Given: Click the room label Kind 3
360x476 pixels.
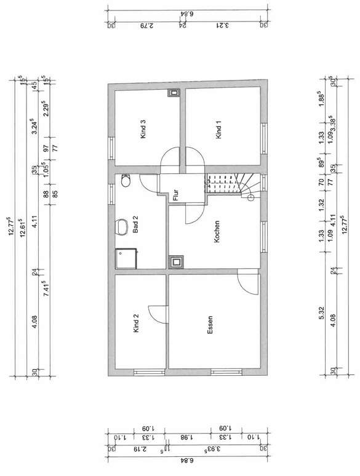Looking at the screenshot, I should (x=143, y=130).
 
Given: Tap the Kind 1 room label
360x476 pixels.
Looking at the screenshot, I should (x=218, y=130).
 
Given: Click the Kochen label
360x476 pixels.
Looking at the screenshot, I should (x=217, y=232).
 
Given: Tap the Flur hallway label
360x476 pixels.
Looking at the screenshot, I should (x=175, y=195).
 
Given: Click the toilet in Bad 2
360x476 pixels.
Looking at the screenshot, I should (x=126, y=181).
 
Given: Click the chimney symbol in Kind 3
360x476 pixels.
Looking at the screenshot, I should (x=174, y=94).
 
